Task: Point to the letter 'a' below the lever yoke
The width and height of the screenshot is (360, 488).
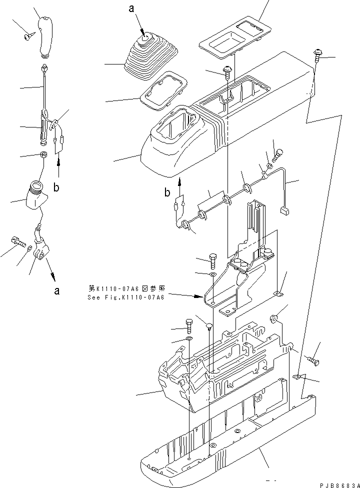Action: [56, 290]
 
